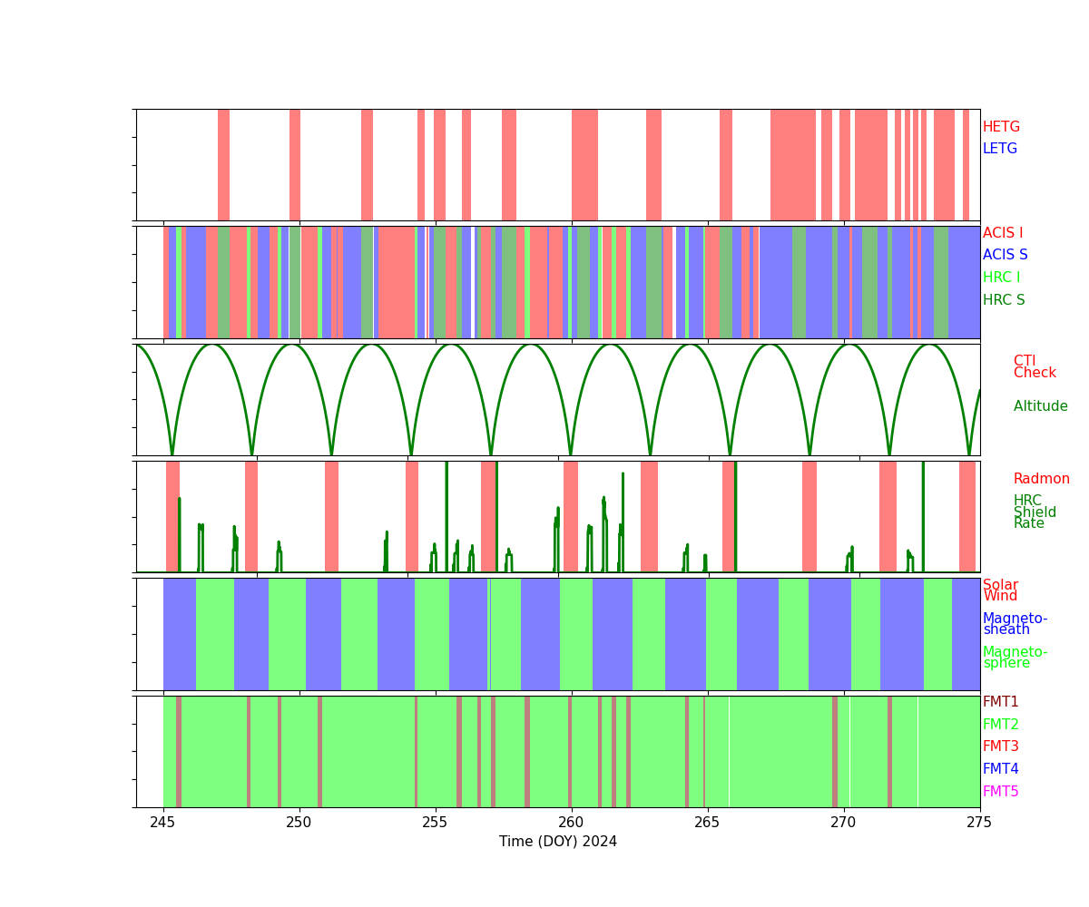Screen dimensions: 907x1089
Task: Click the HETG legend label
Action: pyautogui.click(x=1001, y=127)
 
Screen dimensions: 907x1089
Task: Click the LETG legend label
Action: pyautogui.click(x=1000, y=149)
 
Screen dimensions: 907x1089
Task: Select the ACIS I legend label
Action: pyautogui.click(x=1003, y=233)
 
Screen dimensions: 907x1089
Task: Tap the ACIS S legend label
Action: pyautogui.click(x=1005, y=255)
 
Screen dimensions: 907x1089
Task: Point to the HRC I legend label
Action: pyautogui.click(x=1001, y=278)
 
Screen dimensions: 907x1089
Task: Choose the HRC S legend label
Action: pyautogui.click(x=1004, y=300)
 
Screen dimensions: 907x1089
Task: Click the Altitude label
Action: pyautogui.click(x=1040, y=406)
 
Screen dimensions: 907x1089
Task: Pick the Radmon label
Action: pyautogui.click(x=1041, y=479)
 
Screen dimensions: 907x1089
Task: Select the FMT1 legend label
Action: pyautogui.click(x=1000, y=702)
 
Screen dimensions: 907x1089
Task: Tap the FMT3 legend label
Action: pyautogui.click(x=1000, y=746)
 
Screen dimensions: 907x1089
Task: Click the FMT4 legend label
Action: pyautogui.click(x=1000, y=769)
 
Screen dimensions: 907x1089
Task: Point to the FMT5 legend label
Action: pyautogui.click(x=1000, y=792)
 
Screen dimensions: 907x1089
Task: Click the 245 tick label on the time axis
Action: pyautogui.click(x=163, y=823)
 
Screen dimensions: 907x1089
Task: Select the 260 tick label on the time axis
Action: pyautogui.click(x=571, y=823)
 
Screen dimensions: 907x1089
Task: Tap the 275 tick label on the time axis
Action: pyautogui.click(x=979, y=823)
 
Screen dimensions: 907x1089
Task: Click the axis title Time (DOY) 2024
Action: pyautogui.click(x=558, y=842)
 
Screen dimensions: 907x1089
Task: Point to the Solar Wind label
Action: pyautogui.click(x=1000, y=590)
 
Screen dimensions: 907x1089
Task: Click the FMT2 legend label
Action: pyautogui.click(x=1000, y=725)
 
